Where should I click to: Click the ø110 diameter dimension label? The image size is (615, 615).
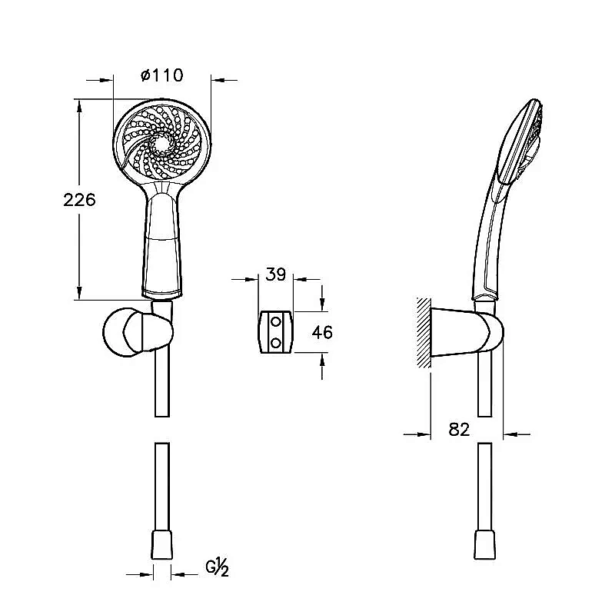161,75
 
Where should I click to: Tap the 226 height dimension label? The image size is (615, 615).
79,200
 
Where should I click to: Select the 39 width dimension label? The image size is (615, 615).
276,274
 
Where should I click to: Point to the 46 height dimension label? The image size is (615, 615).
322,332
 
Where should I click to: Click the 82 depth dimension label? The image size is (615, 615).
459,430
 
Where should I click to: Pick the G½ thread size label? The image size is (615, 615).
217,568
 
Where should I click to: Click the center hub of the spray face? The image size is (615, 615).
161,144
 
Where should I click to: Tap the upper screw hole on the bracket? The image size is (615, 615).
276,322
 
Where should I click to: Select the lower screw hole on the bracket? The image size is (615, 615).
276,343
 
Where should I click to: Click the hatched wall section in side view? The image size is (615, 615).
424,333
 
